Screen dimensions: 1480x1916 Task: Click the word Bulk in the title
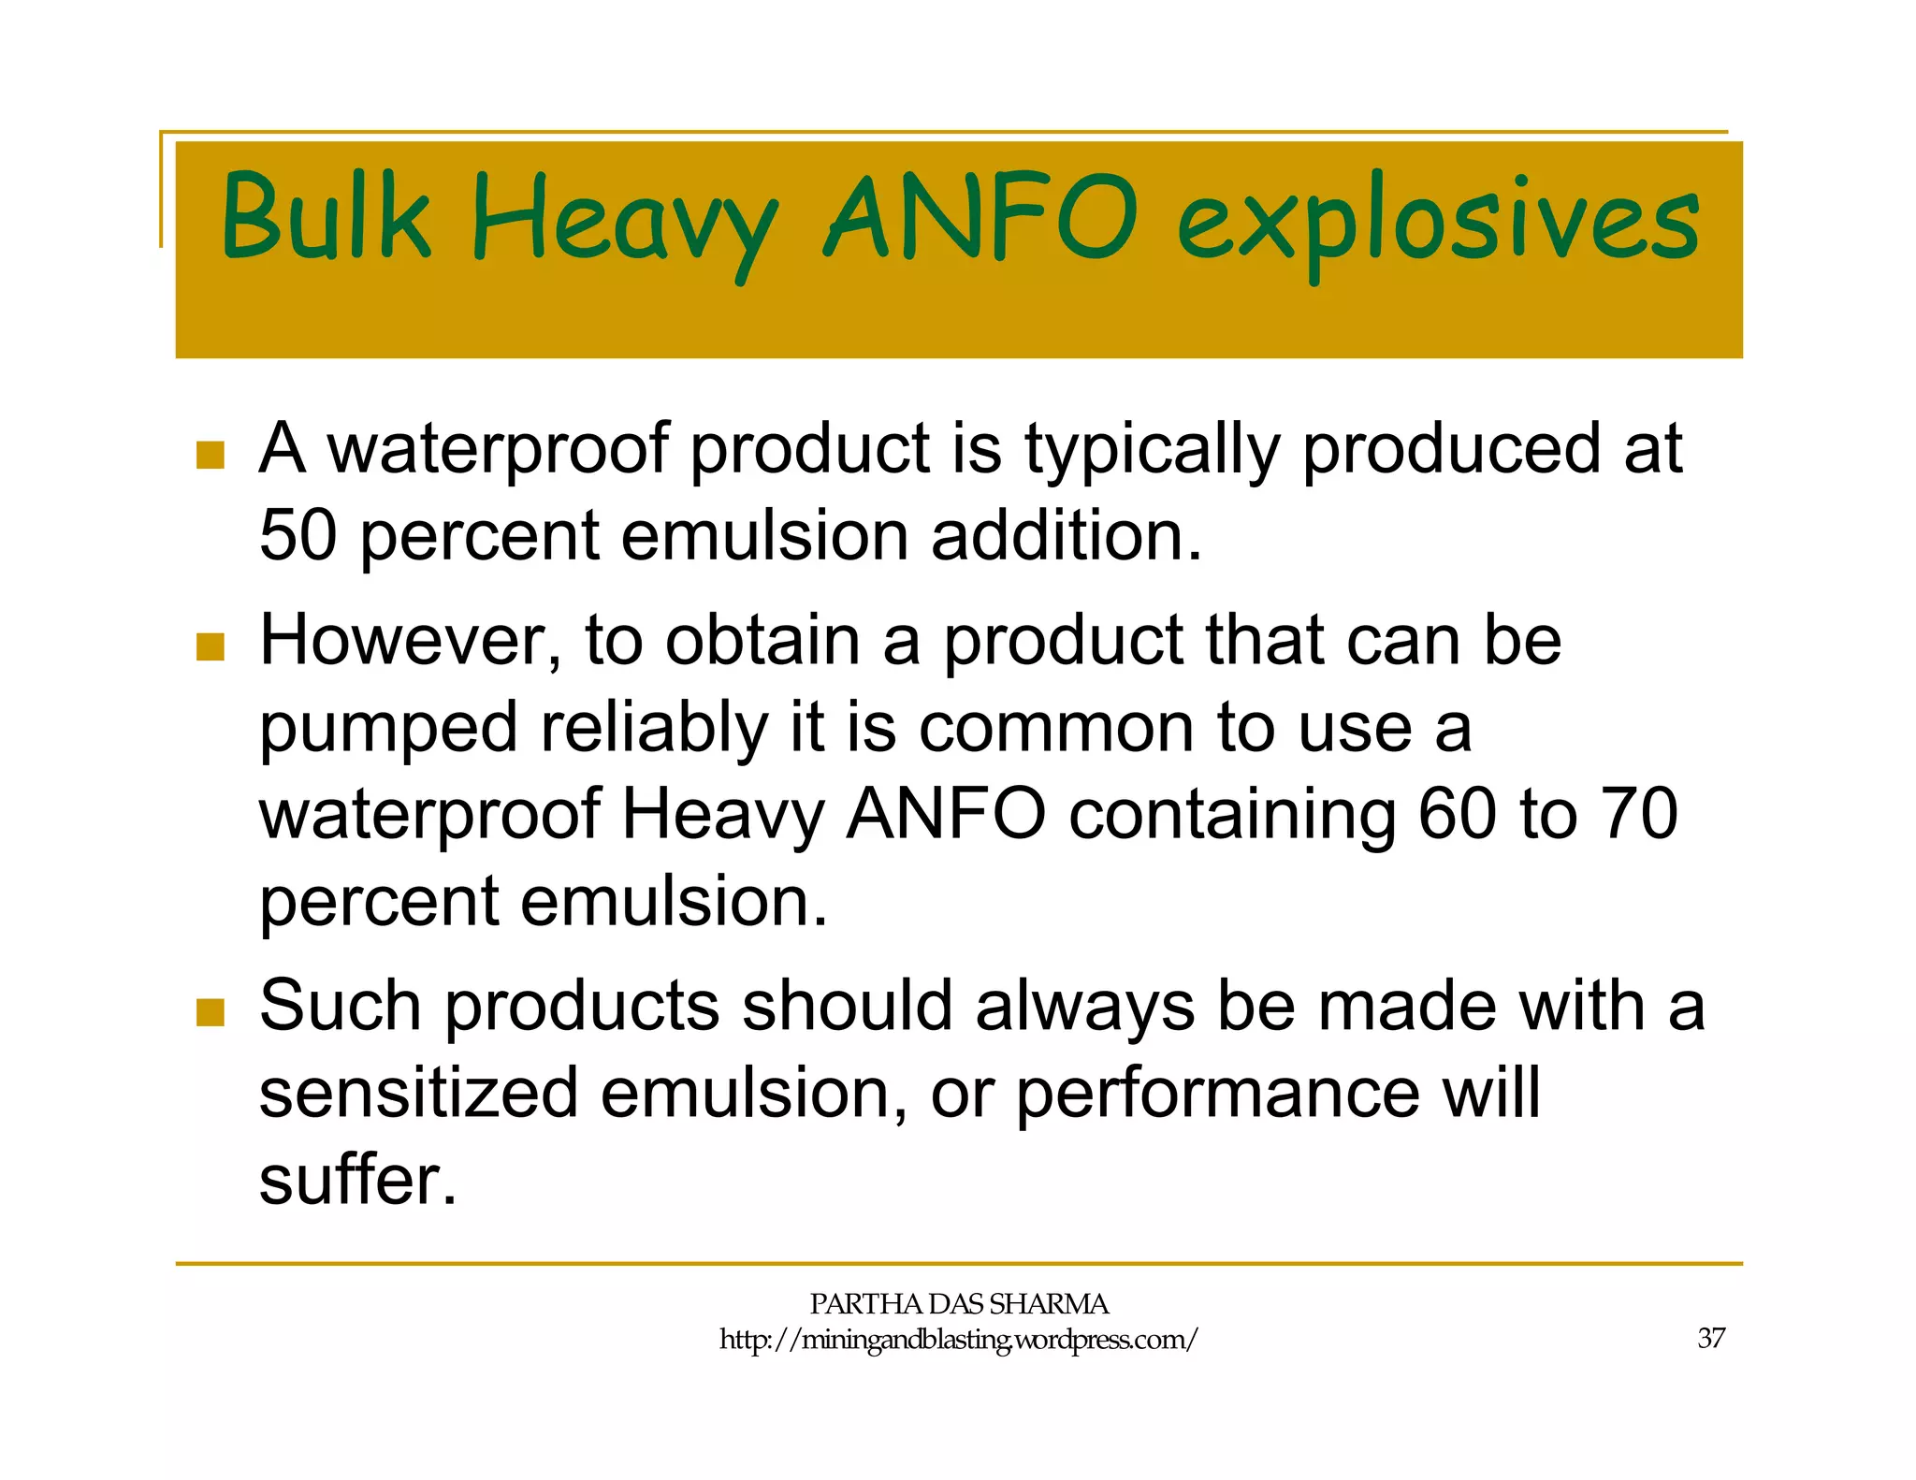point(326,217)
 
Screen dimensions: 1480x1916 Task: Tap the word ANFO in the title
point(980,217)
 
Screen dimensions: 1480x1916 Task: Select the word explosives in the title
point(1438,225)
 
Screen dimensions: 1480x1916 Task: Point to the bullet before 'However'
point(210,646)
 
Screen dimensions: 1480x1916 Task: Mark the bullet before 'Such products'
point(210,1011)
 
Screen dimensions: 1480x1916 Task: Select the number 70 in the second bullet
point(1638,814)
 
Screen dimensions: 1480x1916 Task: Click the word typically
point(1152,451)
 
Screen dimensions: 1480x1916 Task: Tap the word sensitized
point(418,1093)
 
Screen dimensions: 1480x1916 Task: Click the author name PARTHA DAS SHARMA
point(958,1304)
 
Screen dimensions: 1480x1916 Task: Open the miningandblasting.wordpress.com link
point(958,1340)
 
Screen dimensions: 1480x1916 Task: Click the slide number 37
point(1711,1339)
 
